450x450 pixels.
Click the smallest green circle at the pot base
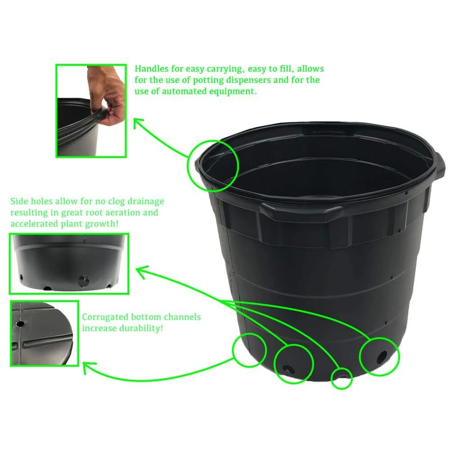[x=342, y=378]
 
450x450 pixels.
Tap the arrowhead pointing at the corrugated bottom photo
[x=88, y=368]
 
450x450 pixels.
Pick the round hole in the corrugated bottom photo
[x=20, y=324]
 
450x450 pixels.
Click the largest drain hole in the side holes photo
[x=82, y=282]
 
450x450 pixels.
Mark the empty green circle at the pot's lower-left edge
[x=249, y=350]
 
